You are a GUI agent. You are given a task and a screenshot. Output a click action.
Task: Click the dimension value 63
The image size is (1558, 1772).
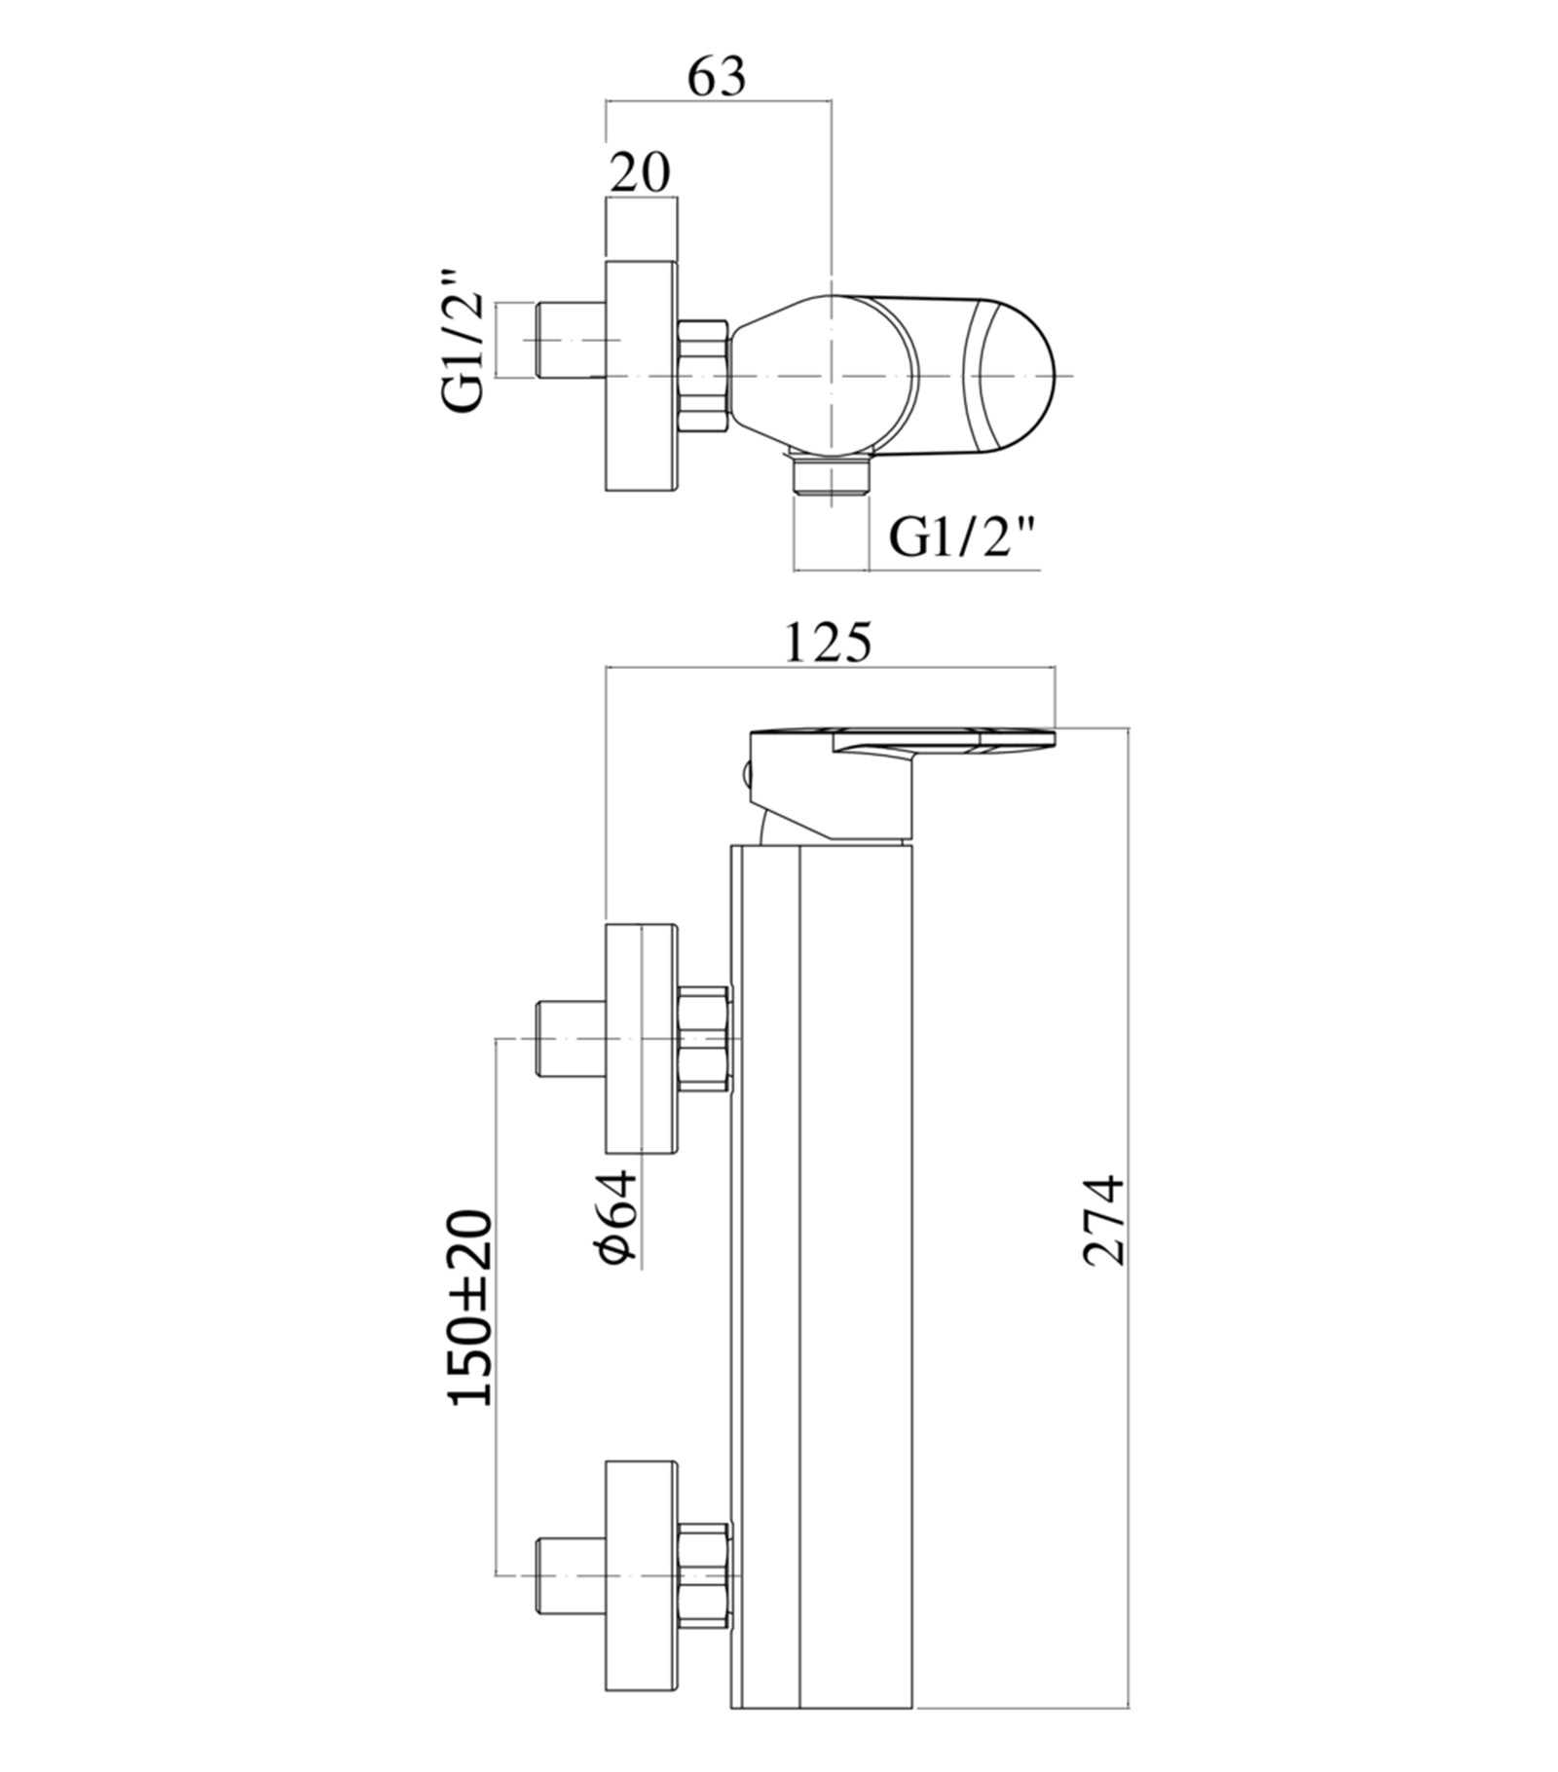click(x=718, y=77)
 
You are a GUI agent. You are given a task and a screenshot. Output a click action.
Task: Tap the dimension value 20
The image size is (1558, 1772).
click(x=641, y=173)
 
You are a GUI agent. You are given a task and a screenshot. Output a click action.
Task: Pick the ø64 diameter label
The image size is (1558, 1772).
click(x=617, y=1218)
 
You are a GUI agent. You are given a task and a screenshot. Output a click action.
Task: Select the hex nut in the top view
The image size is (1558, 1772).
click(x=703, y=375)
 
